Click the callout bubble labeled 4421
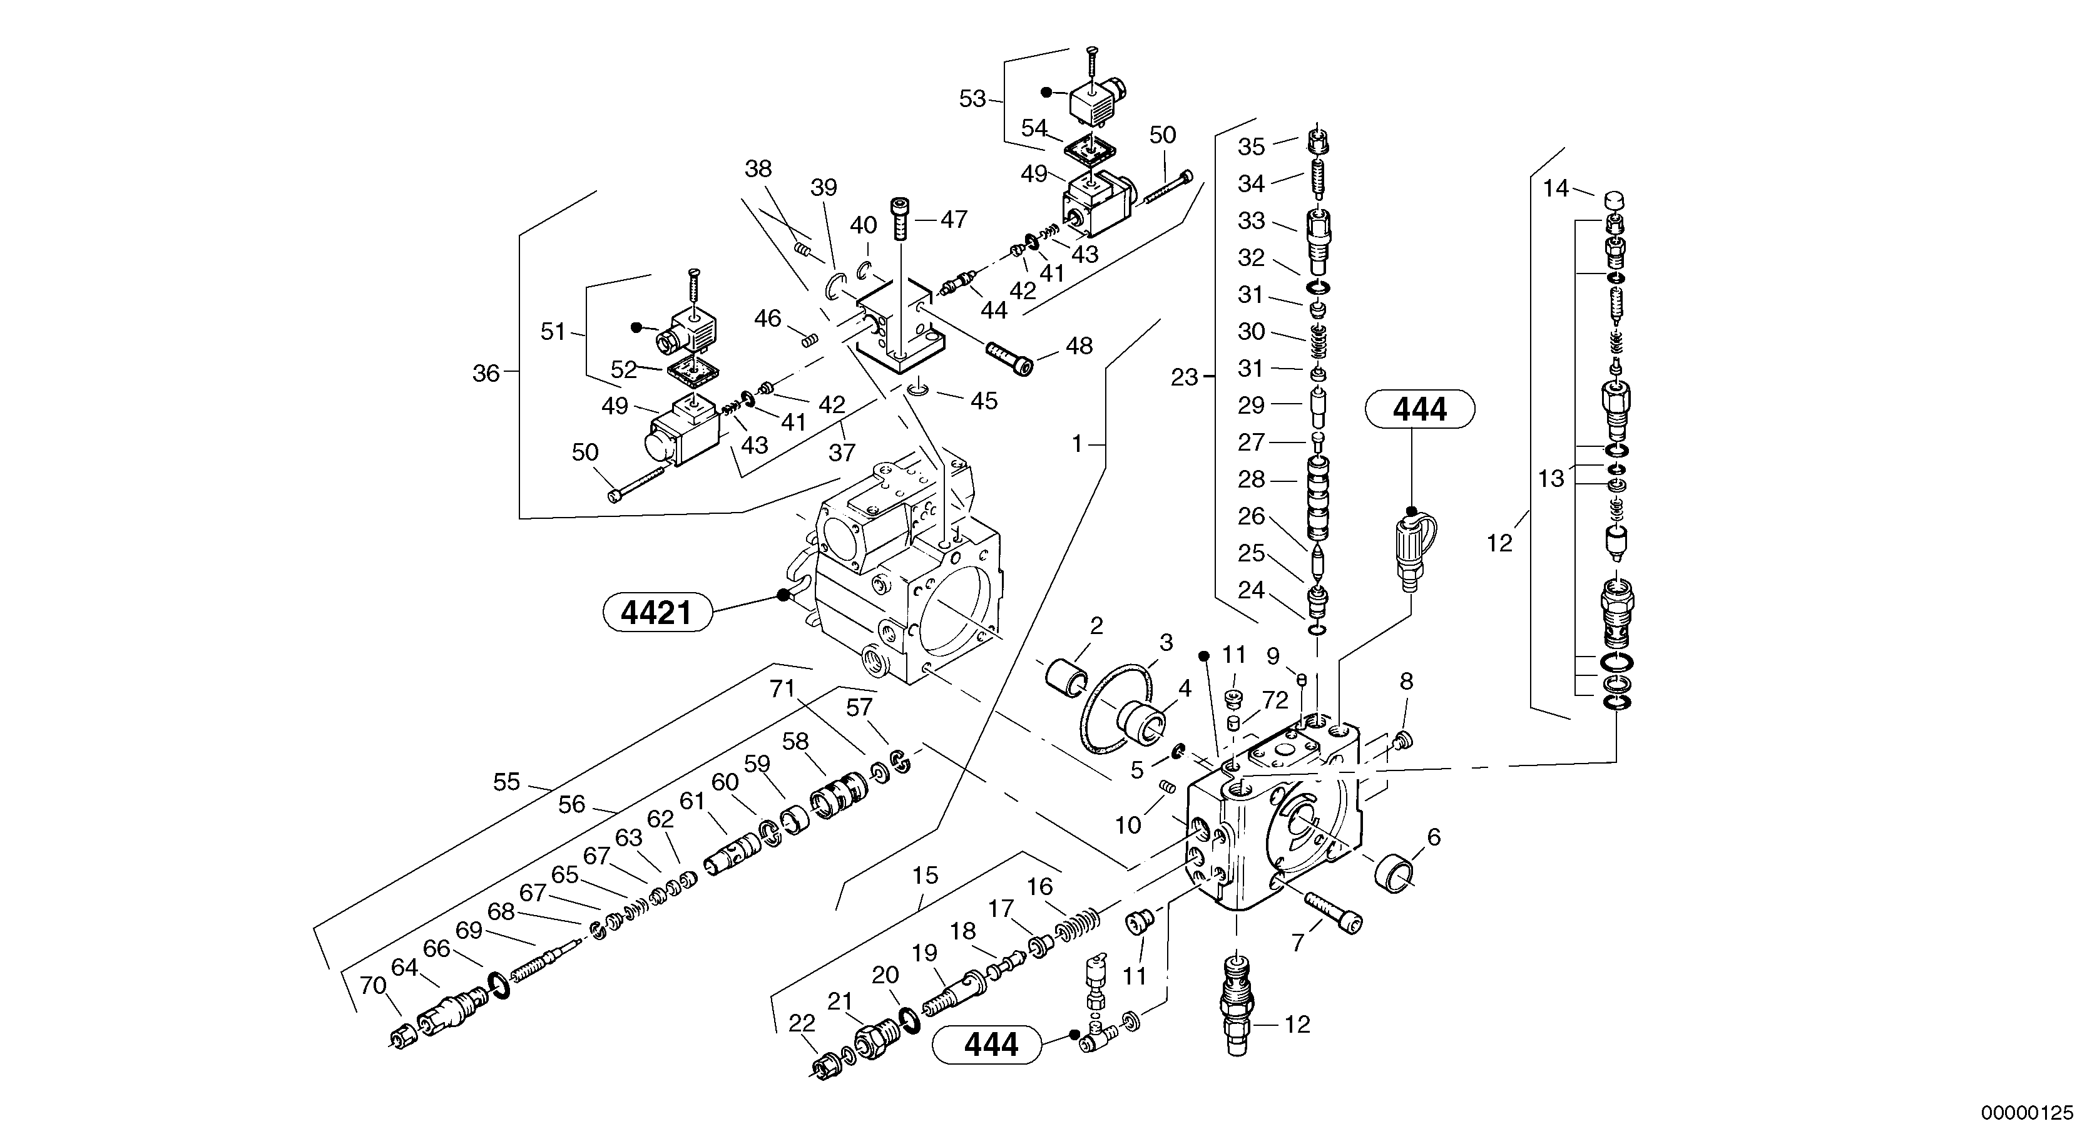point(657,613)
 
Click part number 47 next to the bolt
point(954,219)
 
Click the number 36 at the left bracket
point(486,374)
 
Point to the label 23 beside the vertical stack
point(1183,377)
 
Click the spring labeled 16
point(1077,926)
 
